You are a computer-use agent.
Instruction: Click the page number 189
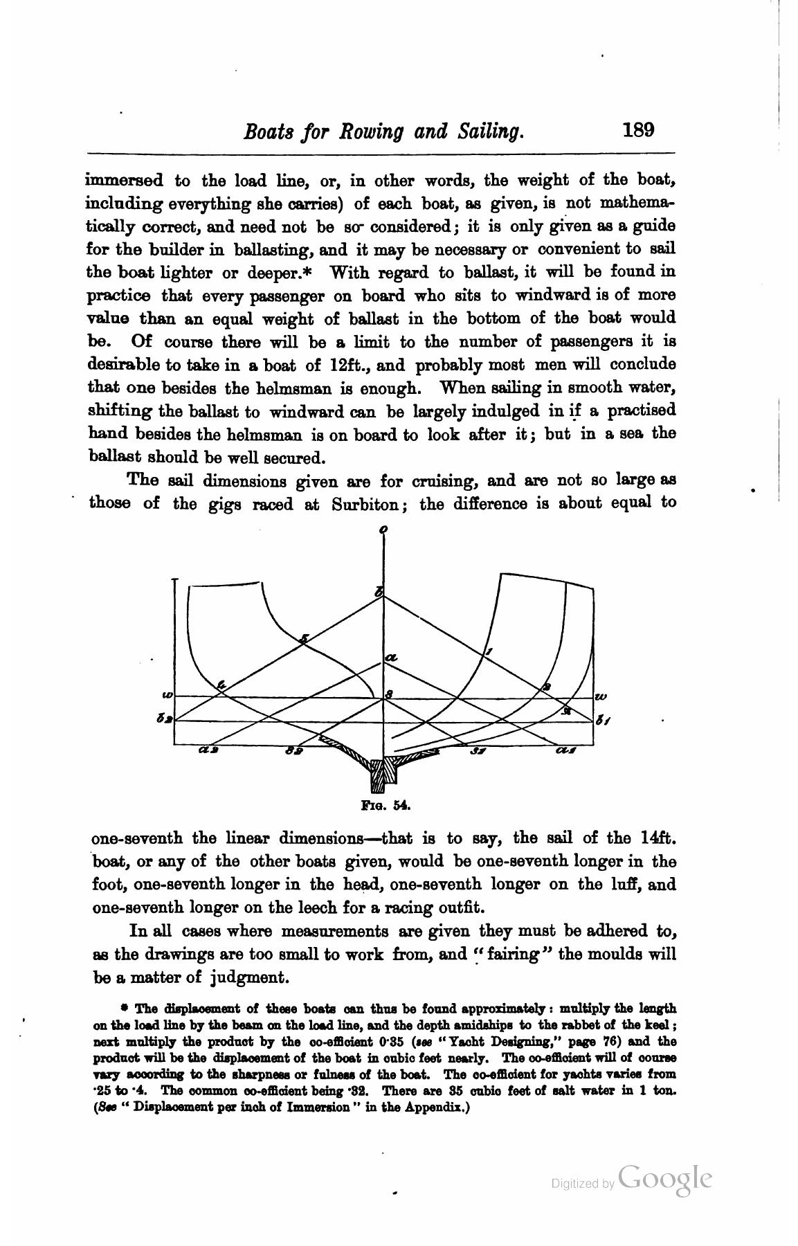pyautogui.click(x=637, y=130)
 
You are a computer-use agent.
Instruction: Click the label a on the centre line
pyautogui.click(x=391, y=657)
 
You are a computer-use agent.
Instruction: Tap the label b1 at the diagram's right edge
pyautogui.click(x=603, y=721)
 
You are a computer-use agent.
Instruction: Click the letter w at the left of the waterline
pyautogui.click(x=166, y=695)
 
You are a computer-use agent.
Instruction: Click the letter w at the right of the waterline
pyautogui.click(x=600, y=696)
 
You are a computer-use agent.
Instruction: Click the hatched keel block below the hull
pyautogui.click(x=383, y=775)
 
